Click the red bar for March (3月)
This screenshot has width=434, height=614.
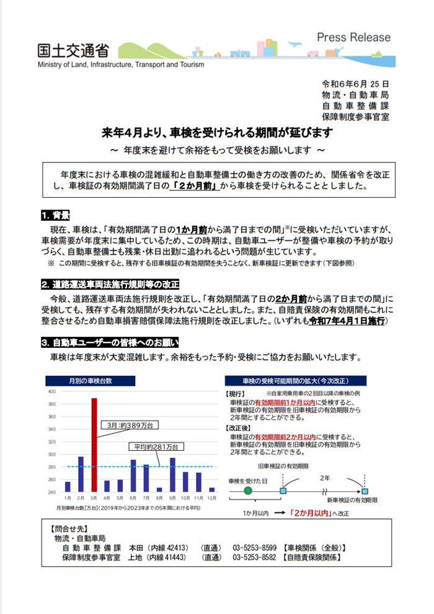(94, 444)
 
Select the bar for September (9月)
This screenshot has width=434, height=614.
(172, 474)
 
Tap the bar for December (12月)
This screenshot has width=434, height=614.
(212, 489)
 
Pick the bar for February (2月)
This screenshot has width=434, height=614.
(81, 474)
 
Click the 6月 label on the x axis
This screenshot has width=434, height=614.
(133, 498)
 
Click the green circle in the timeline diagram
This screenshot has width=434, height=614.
(248, 491)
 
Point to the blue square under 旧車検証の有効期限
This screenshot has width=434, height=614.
(283, 491)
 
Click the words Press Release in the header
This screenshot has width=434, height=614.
(354, 37)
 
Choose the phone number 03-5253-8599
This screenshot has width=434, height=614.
(254, 548)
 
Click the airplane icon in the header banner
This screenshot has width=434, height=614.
(293, 44)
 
